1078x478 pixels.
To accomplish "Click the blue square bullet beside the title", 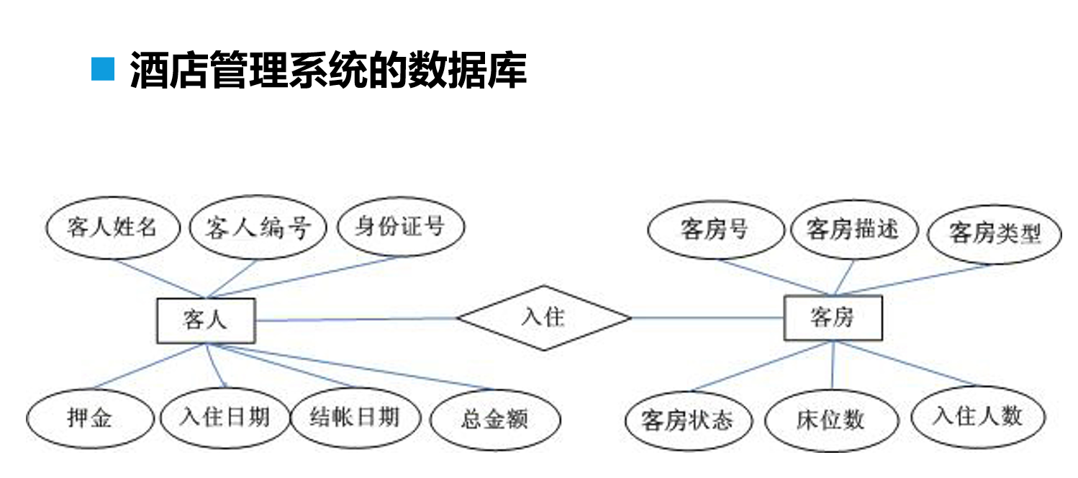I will coord(103,68).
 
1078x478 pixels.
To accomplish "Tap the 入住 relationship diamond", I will coord(544,317).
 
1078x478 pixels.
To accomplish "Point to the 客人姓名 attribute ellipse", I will coord(112,228).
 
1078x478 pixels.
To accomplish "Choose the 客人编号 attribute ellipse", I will coord(257,228).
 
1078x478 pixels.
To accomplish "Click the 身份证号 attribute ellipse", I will coord(400,227).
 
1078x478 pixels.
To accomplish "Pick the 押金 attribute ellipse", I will coord(90,418).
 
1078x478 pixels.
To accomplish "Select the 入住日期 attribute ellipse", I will coord(225,417).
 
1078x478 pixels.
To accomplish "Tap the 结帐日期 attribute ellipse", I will coord(354,417).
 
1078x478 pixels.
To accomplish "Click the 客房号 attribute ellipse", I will coord(715,230).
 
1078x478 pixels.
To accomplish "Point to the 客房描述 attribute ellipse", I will coord(853,230).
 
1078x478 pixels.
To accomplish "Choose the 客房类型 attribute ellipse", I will coord(995,233).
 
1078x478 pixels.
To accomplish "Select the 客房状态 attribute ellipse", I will coord(687,420).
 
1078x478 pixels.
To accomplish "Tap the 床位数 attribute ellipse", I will coord(830,420).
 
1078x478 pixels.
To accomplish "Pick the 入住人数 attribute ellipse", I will coord(977,416).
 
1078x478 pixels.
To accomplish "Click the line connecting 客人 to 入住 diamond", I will coord(356,319).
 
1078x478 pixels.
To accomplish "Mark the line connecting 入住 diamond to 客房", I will coord(707,317).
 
